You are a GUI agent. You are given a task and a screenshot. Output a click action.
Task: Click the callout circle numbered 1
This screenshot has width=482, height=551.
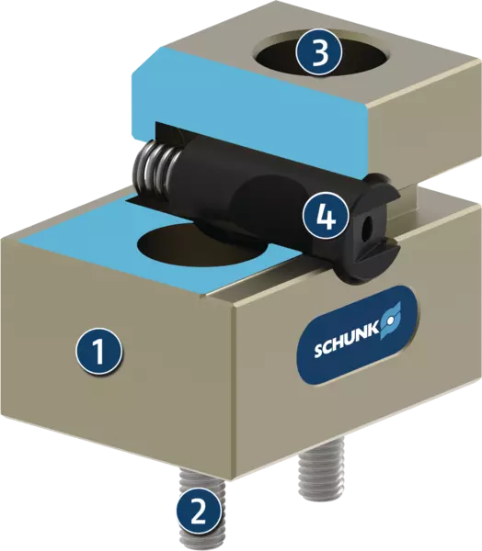pyautogui.click(x=99, y=352)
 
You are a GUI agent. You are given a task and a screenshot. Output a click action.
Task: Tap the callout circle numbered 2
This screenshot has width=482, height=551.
pyautogui.click(x=200, y=512)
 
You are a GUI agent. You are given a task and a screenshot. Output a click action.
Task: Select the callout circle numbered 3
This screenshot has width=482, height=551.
pyautogui.click(x=319, y=54)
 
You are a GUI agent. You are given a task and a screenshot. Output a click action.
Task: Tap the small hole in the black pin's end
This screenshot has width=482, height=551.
pyautogui.click(x=369, y=225)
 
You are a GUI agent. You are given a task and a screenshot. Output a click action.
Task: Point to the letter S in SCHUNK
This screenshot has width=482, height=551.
pyautogui.click(x=318, y=351)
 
